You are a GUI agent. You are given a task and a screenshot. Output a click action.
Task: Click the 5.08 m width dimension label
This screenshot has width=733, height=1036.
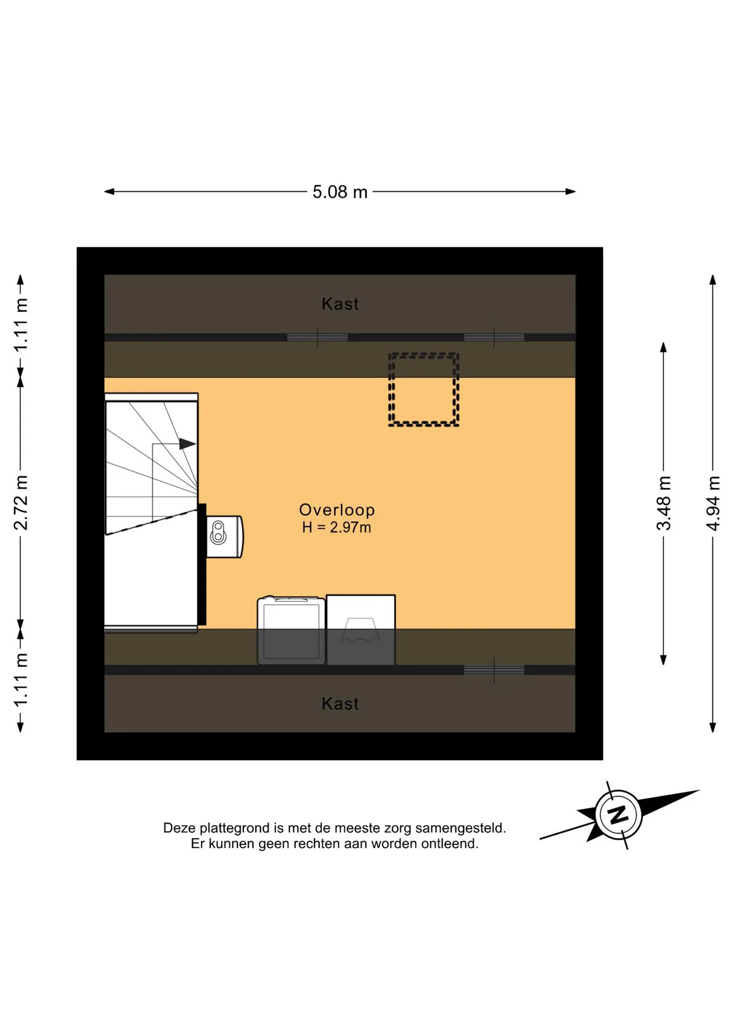point(340,192)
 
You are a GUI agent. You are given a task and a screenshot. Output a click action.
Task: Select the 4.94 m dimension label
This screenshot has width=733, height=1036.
point(713,503)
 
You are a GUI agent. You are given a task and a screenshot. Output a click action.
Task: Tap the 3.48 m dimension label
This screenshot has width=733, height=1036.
point(663,503)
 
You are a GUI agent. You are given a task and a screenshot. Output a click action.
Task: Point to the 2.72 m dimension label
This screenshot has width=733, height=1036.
point(21,503)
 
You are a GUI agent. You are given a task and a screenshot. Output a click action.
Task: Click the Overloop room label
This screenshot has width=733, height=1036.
point(337,510)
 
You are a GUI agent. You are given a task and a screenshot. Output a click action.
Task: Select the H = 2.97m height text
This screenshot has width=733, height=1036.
point(336,528)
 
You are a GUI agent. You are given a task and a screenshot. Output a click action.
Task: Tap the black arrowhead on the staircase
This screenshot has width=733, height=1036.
point(187,444)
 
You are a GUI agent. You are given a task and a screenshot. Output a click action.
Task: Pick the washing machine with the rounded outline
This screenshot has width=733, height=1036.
point(291,630)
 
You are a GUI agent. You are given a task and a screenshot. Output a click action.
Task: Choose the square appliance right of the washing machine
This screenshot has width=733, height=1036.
point(361,630)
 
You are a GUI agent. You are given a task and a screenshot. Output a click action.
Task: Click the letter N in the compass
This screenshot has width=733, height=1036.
point(618,814)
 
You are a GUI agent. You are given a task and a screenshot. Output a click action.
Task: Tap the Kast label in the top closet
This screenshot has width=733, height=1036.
point(340,304)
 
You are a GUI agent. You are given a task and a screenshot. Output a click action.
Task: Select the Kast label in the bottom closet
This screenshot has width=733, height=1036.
point(340,704)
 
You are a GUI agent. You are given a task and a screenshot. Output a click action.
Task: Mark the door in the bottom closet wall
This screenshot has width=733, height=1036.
point(494,670)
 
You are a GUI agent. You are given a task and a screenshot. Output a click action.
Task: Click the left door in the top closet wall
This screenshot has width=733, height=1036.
point(317,338)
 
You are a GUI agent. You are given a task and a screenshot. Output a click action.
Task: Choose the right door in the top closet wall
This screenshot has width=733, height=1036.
point(494,338)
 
